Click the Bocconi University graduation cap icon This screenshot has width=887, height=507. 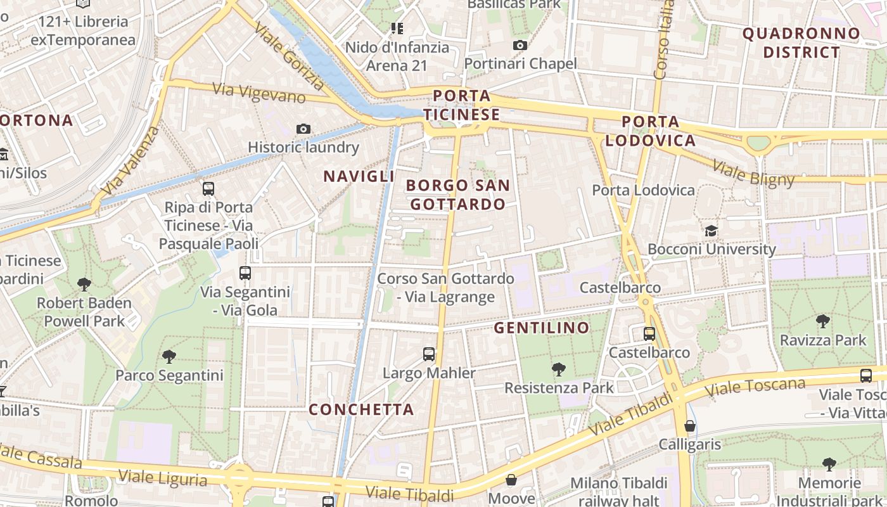[x=711, y=231]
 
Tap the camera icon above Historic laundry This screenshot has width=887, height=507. [x=303, y=129]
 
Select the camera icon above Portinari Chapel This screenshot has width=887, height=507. [x=520, y=45]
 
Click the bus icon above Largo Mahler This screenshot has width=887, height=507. [x=429, y=354]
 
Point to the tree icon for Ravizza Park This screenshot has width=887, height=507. [x=823, y=321]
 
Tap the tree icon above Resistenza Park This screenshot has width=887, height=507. [x=559, y=369]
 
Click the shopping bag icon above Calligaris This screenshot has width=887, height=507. [x=690, y=426]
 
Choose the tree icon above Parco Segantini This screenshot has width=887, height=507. [x=169, y=357]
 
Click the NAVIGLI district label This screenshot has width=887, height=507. [x=359, y=177]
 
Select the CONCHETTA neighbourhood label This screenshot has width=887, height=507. [x=361, y=409]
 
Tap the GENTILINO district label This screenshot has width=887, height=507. [x=542, y=328]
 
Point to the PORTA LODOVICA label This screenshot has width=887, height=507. [x=651, y=131]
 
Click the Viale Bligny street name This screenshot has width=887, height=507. [x=753, y=173]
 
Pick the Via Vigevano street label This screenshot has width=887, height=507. [x=258, y=93]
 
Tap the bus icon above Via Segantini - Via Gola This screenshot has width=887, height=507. [x=245, y=273]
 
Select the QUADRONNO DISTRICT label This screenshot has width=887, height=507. [x=801, y=43]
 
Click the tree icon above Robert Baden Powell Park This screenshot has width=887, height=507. [x=84, y=285]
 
